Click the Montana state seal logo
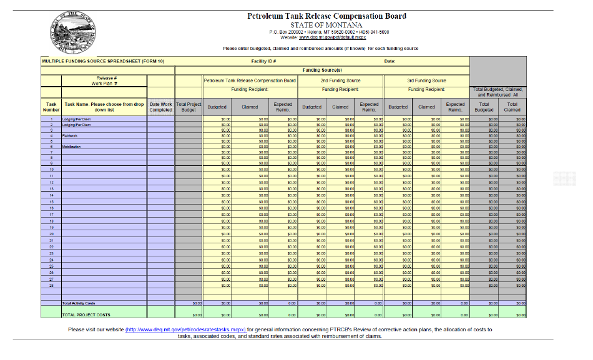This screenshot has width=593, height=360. (x=74, y=31)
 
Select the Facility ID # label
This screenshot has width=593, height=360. (x=263, y=61)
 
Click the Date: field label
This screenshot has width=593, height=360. (x=390, y=61)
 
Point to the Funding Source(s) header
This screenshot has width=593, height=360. (x=321, y=70)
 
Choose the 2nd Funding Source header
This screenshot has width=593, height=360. (x=341, y=80)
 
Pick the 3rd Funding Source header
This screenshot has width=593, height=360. (x=426, y=80)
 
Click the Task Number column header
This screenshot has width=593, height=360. (x=51, y=107)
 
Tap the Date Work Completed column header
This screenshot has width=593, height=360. (x=160, y=107)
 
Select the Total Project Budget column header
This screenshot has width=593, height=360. (x=189, y=107)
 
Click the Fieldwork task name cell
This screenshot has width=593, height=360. (x=70, y=135)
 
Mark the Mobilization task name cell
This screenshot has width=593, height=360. (x=72, y=147)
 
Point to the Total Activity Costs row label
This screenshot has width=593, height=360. (x=79, y=304)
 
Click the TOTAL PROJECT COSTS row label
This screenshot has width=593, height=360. (x=86, y=315)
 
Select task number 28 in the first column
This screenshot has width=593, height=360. (x=51, y=286)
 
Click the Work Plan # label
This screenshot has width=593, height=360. (x=104, y=83)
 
